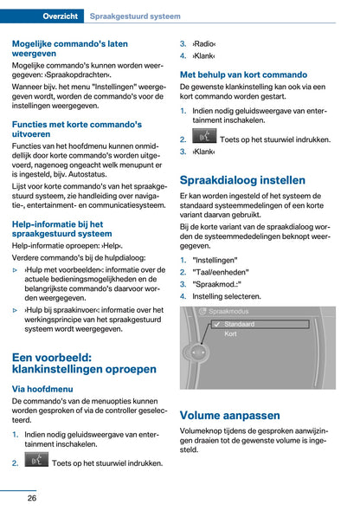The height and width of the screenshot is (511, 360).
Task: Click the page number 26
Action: [31, 497]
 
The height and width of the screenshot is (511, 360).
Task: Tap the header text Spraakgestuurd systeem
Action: [136, 16]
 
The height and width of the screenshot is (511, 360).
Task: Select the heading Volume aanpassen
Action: [230, 414]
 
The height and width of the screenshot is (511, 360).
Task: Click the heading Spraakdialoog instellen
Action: [241, 180]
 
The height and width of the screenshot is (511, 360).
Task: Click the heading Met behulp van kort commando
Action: [243, 74]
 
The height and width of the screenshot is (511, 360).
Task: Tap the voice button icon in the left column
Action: [36, 462]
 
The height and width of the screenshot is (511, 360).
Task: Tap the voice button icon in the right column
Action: [204, 137]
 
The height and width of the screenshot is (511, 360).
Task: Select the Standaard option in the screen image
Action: [240, 324]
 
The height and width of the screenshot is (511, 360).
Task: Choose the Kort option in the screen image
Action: [231, 333]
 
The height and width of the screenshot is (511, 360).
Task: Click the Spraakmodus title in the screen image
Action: [228, 310]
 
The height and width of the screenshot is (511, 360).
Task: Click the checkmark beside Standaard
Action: [216, 324]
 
